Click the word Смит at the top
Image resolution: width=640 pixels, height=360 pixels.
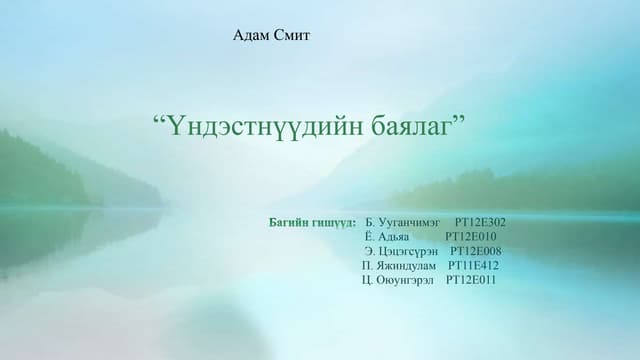293,36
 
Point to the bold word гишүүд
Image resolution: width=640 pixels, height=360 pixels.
337,222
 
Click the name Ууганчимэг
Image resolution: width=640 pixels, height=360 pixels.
411,222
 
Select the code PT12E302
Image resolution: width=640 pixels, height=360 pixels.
480,222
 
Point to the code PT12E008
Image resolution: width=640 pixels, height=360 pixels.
476,251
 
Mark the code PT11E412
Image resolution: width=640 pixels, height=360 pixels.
474,265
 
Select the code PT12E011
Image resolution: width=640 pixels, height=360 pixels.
470,279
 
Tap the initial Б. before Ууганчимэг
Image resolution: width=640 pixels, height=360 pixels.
371,222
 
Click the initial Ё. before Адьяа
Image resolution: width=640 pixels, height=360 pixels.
371,236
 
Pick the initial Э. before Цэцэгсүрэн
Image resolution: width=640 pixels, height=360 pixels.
370,251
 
